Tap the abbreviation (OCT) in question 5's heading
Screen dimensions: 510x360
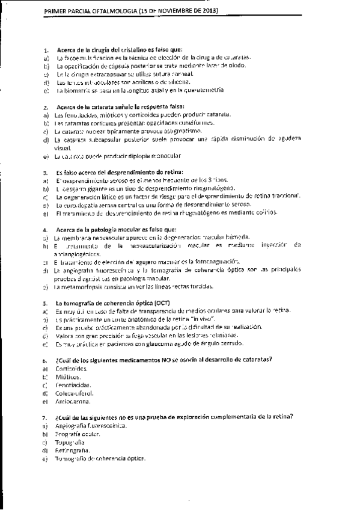point(143,303)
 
